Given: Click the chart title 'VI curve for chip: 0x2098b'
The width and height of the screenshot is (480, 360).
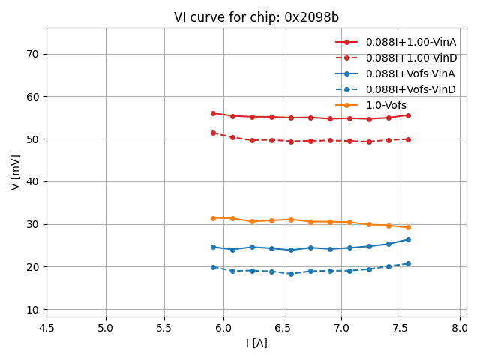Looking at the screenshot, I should [256, 17].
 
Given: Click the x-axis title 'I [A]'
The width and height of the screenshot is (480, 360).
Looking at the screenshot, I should [256, 343].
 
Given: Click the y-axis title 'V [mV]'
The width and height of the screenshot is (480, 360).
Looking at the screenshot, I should [16, 172].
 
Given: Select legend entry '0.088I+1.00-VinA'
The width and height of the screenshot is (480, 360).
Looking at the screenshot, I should [410, 43].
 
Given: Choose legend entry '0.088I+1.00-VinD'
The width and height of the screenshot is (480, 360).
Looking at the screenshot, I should [410, 58].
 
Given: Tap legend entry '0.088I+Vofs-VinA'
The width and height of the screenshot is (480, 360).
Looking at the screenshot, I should [410, 74].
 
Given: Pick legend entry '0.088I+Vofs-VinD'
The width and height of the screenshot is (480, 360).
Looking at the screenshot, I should [410, 90].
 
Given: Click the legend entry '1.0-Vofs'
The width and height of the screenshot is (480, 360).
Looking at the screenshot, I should [387, 106].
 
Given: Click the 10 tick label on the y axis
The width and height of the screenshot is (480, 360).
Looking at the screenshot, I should [33, 310].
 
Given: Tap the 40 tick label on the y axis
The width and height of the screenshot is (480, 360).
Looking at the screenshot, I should [33, 182].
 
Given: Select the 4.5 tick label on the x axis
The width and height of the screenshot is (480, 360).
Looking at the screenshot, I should [46, 328].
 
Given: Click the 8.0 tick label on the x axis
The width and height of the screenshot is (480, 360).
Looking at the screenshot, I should [459, 328].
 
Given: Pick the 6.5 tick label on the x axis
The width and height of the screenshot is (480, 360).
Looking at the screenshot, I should [282, 328].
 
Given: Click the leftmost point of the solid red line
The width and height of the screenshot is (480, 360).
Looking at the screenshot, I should [213, 113].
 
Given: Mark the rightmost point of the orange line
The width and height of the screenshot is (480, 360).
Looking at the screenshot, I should [408, 227].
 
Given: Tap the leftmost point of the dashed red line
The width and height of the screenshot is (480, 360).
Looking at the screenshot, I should [213, 133].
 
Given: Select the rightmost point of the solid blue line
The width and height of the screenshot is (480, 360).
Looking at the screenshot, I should [408, 239].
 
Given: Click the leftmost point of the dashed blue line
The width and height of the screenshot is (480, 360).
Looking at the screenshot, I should [213, 267].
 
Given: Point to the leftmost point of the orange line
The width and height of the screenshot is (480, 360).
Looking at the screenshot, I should [213, 218].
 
